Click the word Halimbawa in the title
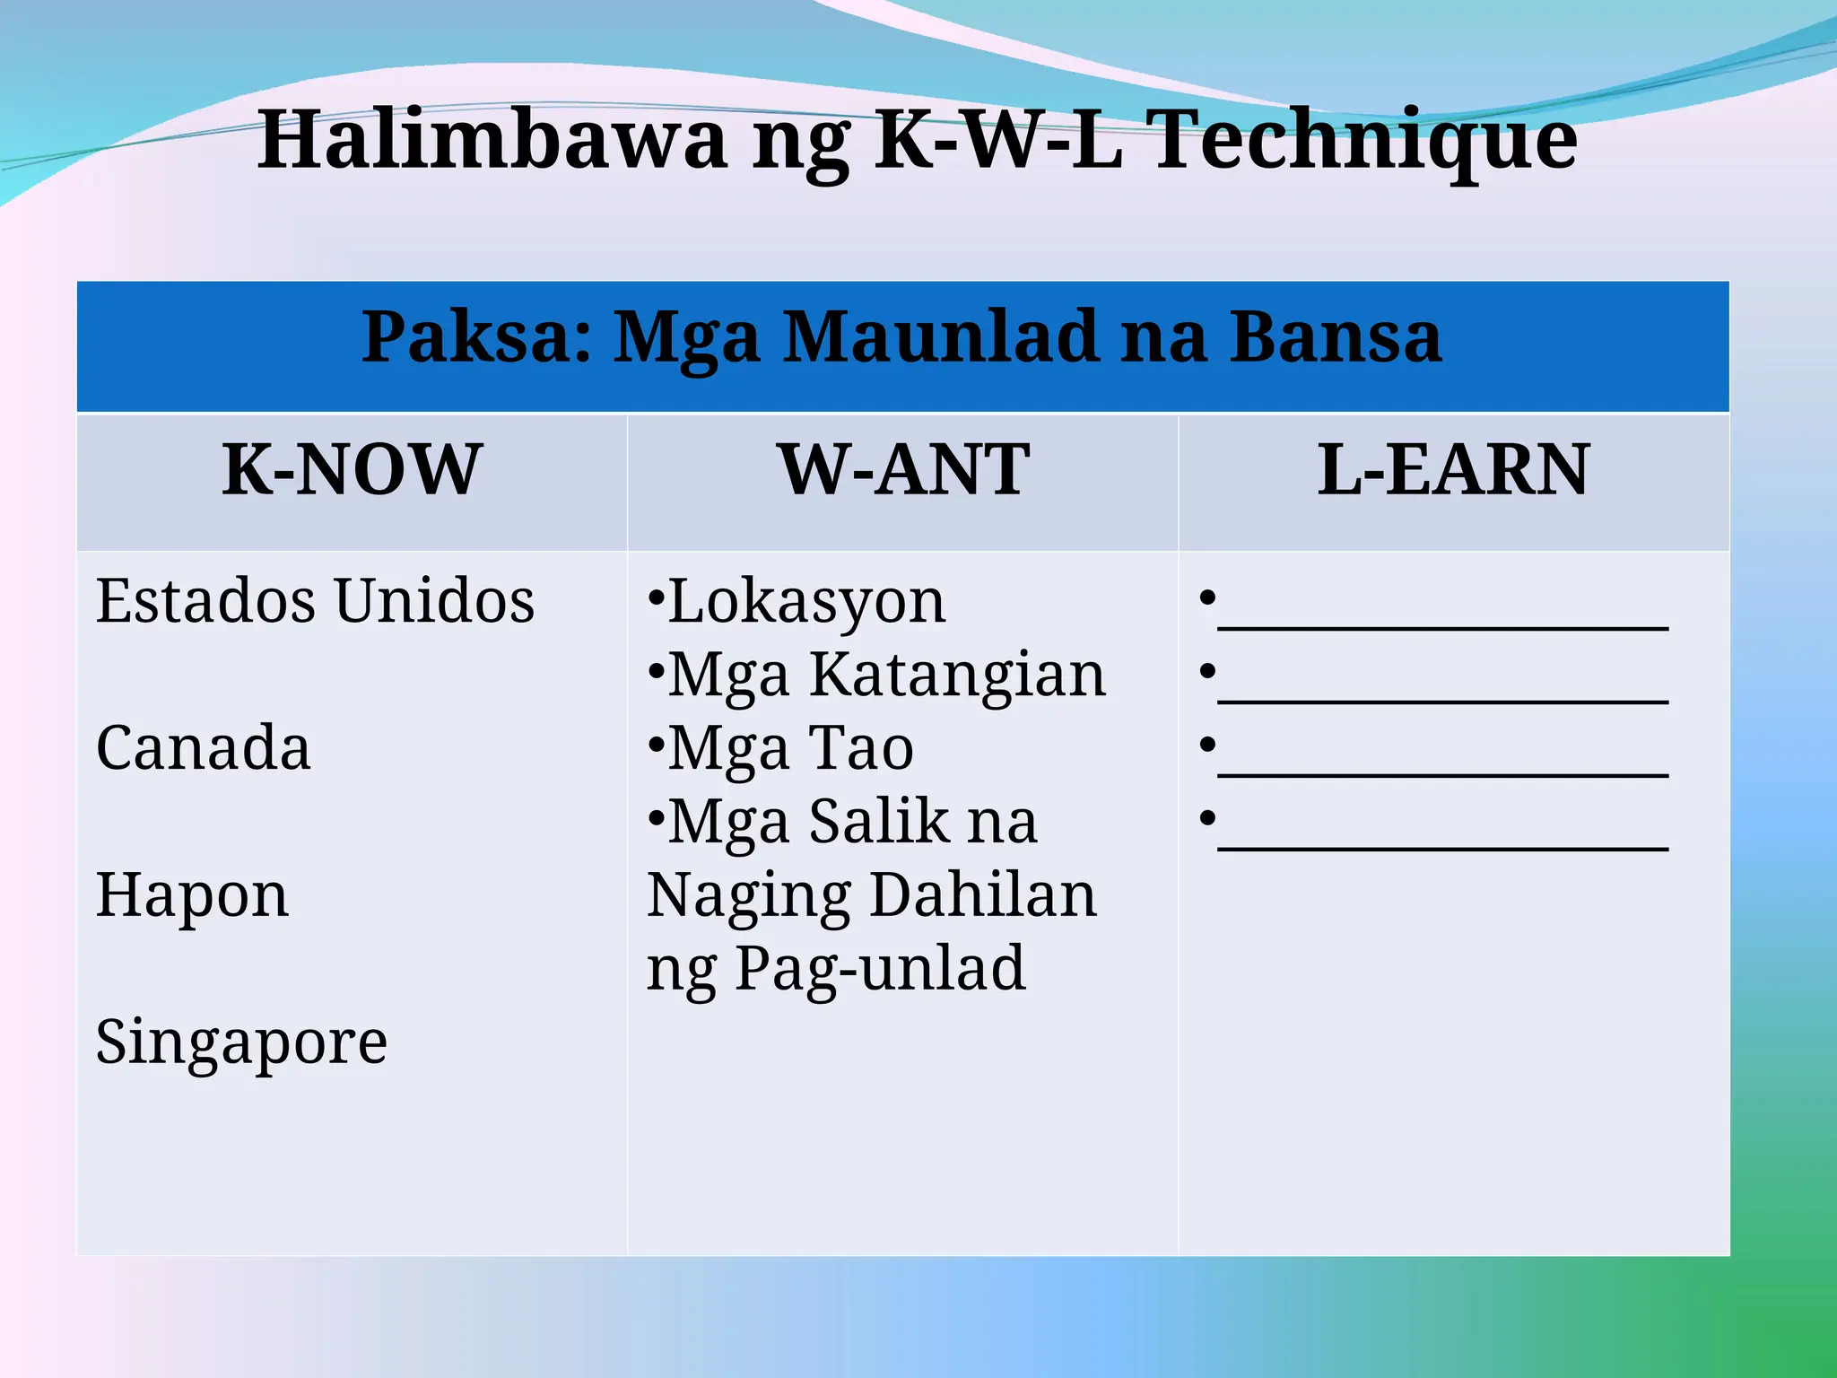click(x=492, y=140)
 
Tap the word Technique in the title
click(x=1364, y=140)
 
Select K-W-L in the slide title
click(x=998, y=140)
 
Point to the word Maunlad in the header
click(x=942, y=337)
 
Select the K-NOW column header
click(x=352, y=470)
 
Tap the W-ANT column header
click(x=904, y=470)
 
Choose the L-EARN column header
click(x=1453, y=470)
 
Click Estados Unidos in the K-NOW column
click(x=315, y=600)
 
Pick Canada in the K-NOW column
click(x=204, y=747)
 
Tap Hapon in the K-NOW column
click(x=193, y=894)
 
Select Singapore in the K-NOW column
click(x=241, y=1042)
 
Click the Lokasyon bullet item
click(x=806, y=601)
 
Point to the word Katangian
click(x=958, y=675)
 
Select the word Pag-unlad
click(x=880, y=968)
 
